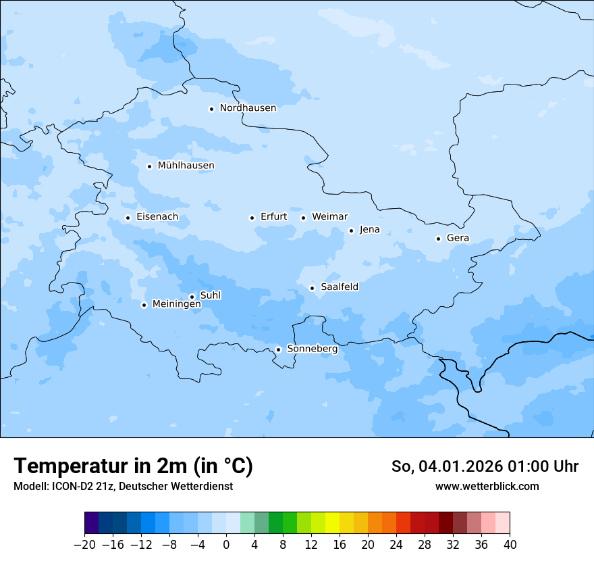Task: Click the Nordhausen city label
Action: [248, 108]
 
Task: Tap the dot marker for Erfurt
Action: [252, 218]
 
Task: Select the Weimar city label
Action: [329, 217]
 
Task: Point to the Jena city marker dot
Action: [351, 230]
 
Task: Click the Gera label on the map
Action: [458, 238]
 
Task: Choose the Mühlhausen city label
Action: [186, 166]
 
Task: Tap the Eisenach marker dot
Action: [128, 218]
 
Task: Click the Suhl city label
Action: [211, 295]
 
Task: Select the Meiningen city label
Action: [176, 304]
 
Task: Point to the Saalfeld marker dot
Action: [312, 288]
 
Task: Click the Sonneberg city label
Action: [312, 349]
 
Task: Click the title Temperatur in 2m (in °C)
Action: [133, 466]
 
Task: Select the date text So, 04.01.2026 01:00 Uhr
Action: [485, 466]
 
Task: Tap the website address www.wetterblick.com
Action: [487, 486]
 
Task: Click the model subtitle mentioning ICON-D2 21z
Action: [123, 486]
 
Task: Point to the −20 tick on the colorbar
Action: [84, 545]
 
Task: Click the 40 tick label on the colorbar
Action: [510, 545]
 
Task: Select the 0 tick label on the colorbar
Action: [226, 545]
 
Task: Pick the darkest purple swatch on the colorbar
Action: [92, 523]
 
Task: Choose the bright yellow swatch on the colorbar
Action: [332, 523]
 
